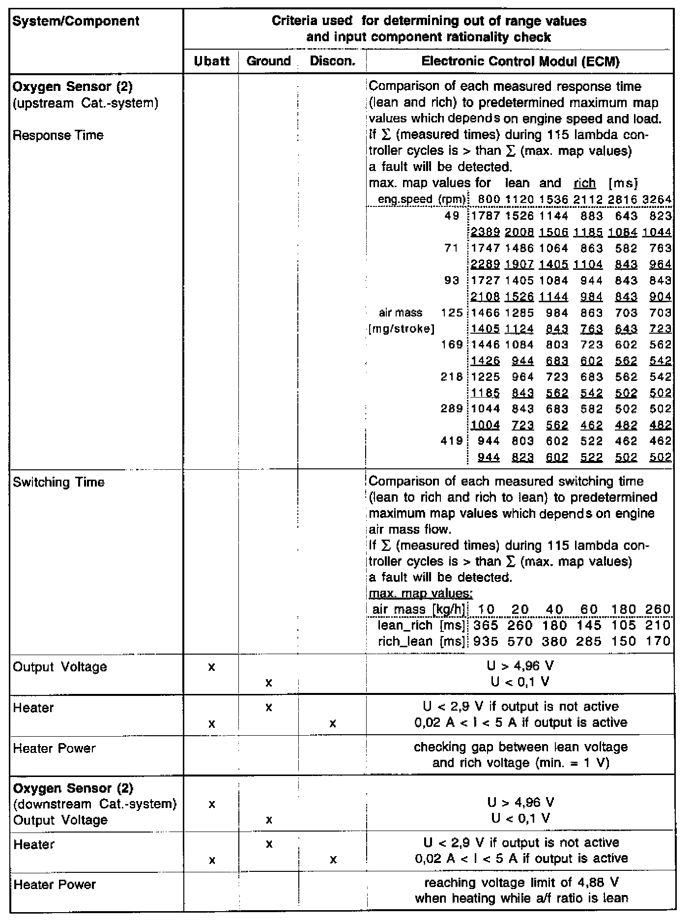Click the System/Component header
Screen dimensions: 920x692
pos(76,22)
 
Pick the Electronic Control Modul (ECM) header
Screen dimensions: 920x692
pos(520,61)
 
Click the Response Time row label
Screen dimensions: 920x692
pos(58,136)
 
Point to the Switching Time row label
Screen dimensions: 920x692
pos(58,482)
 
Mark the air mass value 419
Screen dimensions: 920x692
pos(453,441)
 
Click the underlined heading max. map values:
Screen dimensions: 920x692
pos(420,594)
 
